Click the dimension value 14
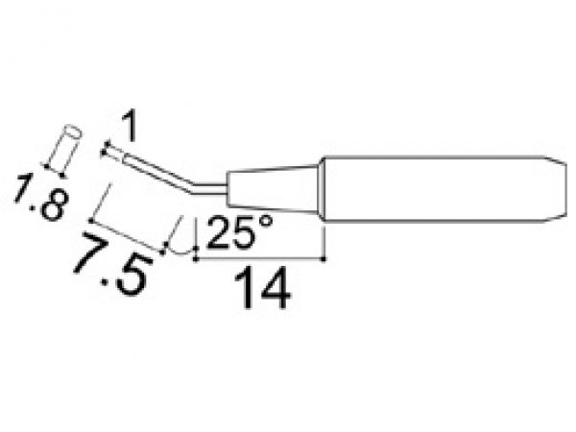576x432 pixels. pos(262,288)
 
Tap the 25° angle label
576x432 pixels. pos(240,231)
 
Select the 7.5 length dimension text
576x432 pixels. pos(112,264)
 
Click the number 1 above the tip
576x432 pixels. pos(130,127)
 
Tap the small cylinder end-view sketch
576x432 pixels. pos(63,151)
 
